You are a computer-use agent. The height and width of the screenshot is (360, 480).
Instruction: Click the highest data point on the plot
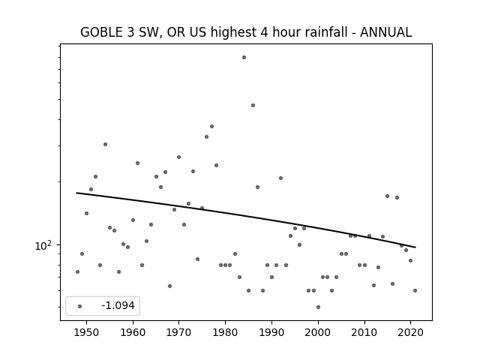(244, 57)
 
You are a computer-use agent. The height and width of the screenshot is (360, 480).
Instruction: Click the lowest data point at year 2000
(318, 307)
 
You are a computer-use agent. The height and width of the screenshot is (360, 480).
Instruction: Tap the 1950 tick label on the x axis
(87, 333)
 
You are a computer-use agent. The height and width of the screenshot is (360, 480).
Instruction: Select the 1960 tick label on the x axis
(133, 333)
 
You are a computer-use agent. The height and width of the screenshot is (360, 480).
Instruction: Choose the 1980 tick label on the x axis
(225, 333)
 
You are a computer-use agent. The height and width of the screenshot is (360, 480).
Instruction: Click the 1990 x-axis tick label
(271, 333)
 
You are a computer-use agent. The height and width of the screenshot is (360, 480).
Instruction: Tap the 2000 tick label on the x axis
(318, 333)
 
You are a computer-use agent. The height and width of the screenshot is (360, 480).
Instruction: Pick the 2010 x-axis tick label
(364, 333)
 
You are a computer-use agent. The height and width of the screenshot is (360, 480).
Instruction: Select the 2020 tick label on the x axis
(410, 333)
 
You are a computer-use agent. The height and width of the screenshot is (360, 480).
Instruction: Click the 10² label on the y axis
(43, 245)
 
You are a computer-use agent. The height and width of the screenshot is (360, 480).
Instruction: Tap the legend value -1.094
(118, 305)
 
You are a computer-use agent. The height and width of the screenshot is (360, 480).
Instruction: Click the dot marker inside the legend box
(79, 306)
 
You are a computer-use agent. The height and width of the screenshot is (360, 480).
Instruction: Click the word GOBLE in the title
(101, 32)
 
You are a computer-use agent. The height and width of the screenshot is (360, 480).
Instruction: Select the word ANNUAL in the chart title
(385, 32)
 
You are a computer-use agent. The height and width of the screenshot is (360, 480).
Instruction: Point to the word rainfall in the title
(325, 32)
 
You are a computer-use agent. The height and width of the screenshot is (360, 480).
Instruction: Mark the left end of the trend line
(76, 193)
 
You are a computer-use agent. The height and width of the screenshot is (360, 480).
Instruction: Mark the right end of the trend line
(415, 247)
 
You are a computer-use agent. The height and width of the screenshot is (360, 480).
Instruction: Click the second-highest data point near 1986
(253, 105)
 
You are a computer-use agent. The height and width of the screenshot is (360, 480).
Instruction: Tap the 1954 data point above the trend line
(105, 144)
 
